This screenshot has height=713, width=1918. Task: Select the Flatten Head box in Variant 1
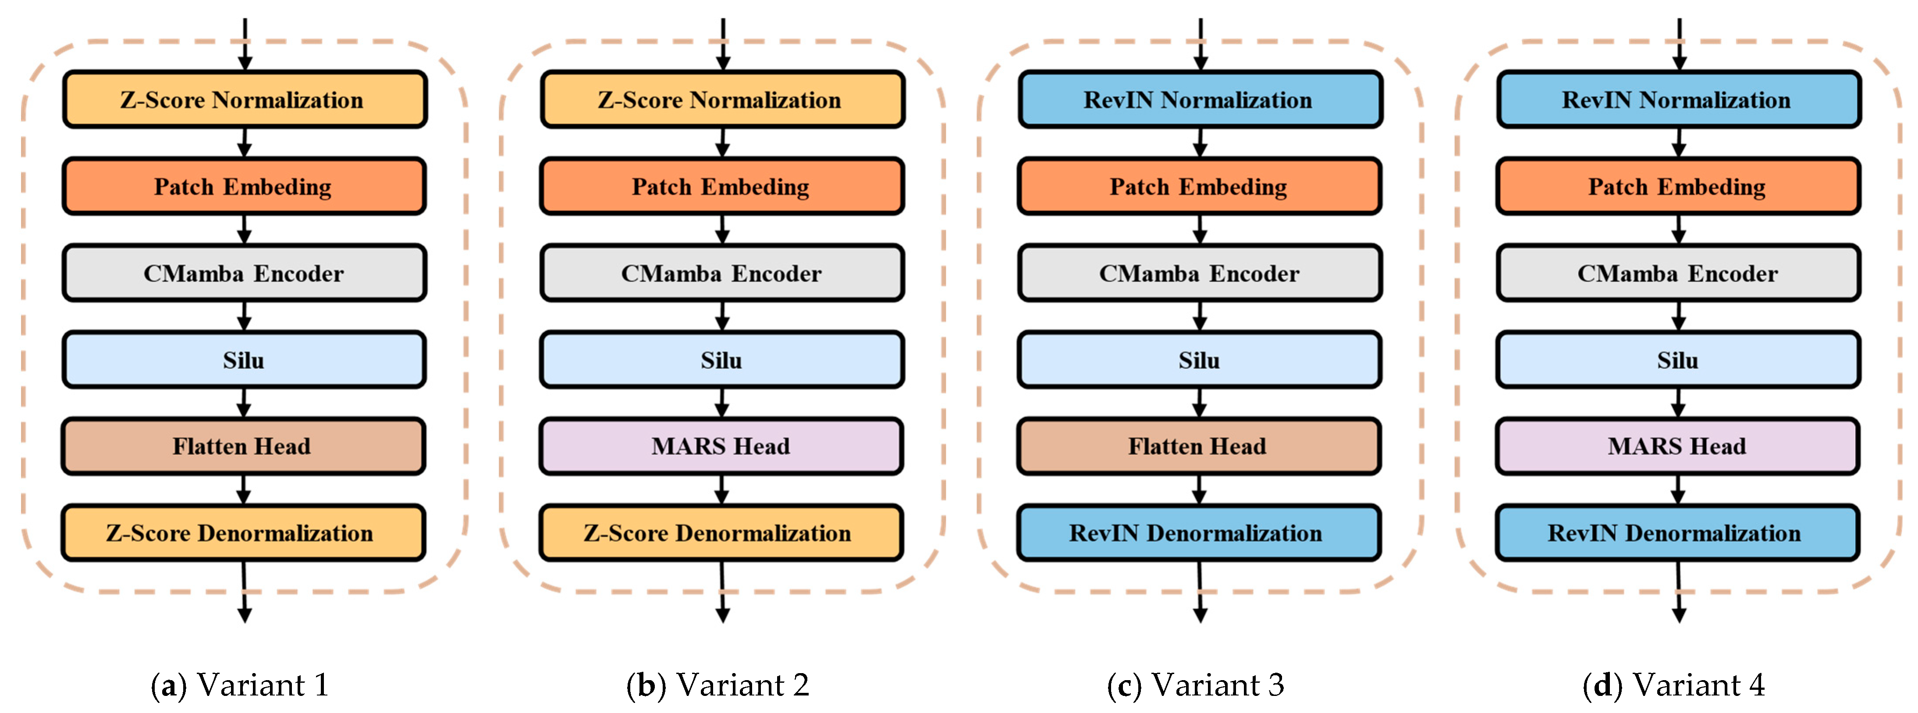pyautogui.click(x=243, y=446)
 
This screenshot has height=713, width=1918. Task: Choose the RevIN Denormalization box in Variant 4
pyautogui.click(x=1677, y=533)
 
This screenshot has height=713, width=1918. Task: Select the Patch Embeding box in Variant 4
pyautogui.click(x=1677, y=186)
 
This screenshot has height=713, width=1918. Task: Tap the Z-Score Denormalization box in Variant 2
pyautogui.click(x=721, y=533)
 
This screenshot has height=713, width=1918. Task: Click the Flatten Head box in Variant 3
pyautogui.click(x=1199, y=446)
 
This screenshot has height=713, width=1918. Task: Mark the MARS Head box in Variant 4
pyautogui.click(x=1677, y=446)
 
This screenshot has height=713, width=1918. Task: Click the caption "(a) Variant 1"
pyautogui.click(x=240, y=685)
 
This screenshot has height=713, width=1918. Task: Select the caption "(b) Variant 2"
pyautogui.click(x=718, y=685)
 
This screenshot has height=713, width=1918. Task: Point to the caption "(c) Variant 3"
pyautogui.click(x=1196, y=685)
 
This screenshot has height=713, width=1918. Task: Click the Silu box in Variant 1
pyautogui.click(x=243, y=360)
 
